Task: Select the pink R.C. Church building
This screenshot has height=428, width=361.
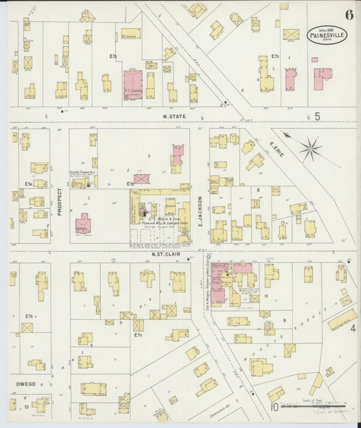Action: pos(133,83)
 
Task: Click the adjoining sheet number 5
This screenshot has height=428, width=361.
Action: pos(317,117)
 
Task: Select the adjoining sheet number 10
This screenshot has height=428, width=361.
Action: pos(274,407)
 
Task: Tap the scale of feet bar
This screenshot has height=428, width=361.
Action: pos(316,408)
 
